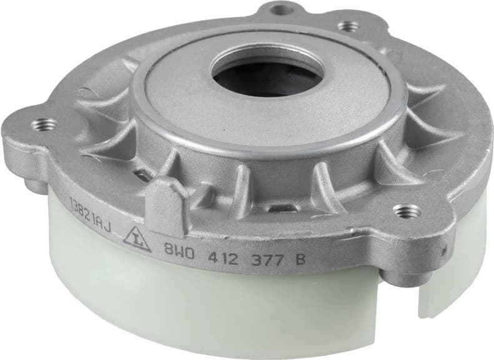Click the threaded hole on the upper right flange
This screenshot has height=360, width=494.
[x=348, y=26]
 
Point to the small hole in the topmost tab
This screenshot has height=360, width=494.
[x=278, y=10]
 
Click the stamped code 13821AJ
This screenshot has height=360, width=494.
[x=90, y=218]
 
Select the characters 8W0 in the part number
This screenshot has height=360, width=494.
[x=179, y=249]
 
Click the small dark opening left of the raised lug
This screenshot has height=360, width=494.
[x=143, y=176]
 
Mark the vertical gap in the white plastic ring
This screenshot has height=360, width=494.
[x=420, y=297]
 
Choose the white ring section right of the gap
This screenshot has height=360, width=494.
[x=453, y=275]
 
